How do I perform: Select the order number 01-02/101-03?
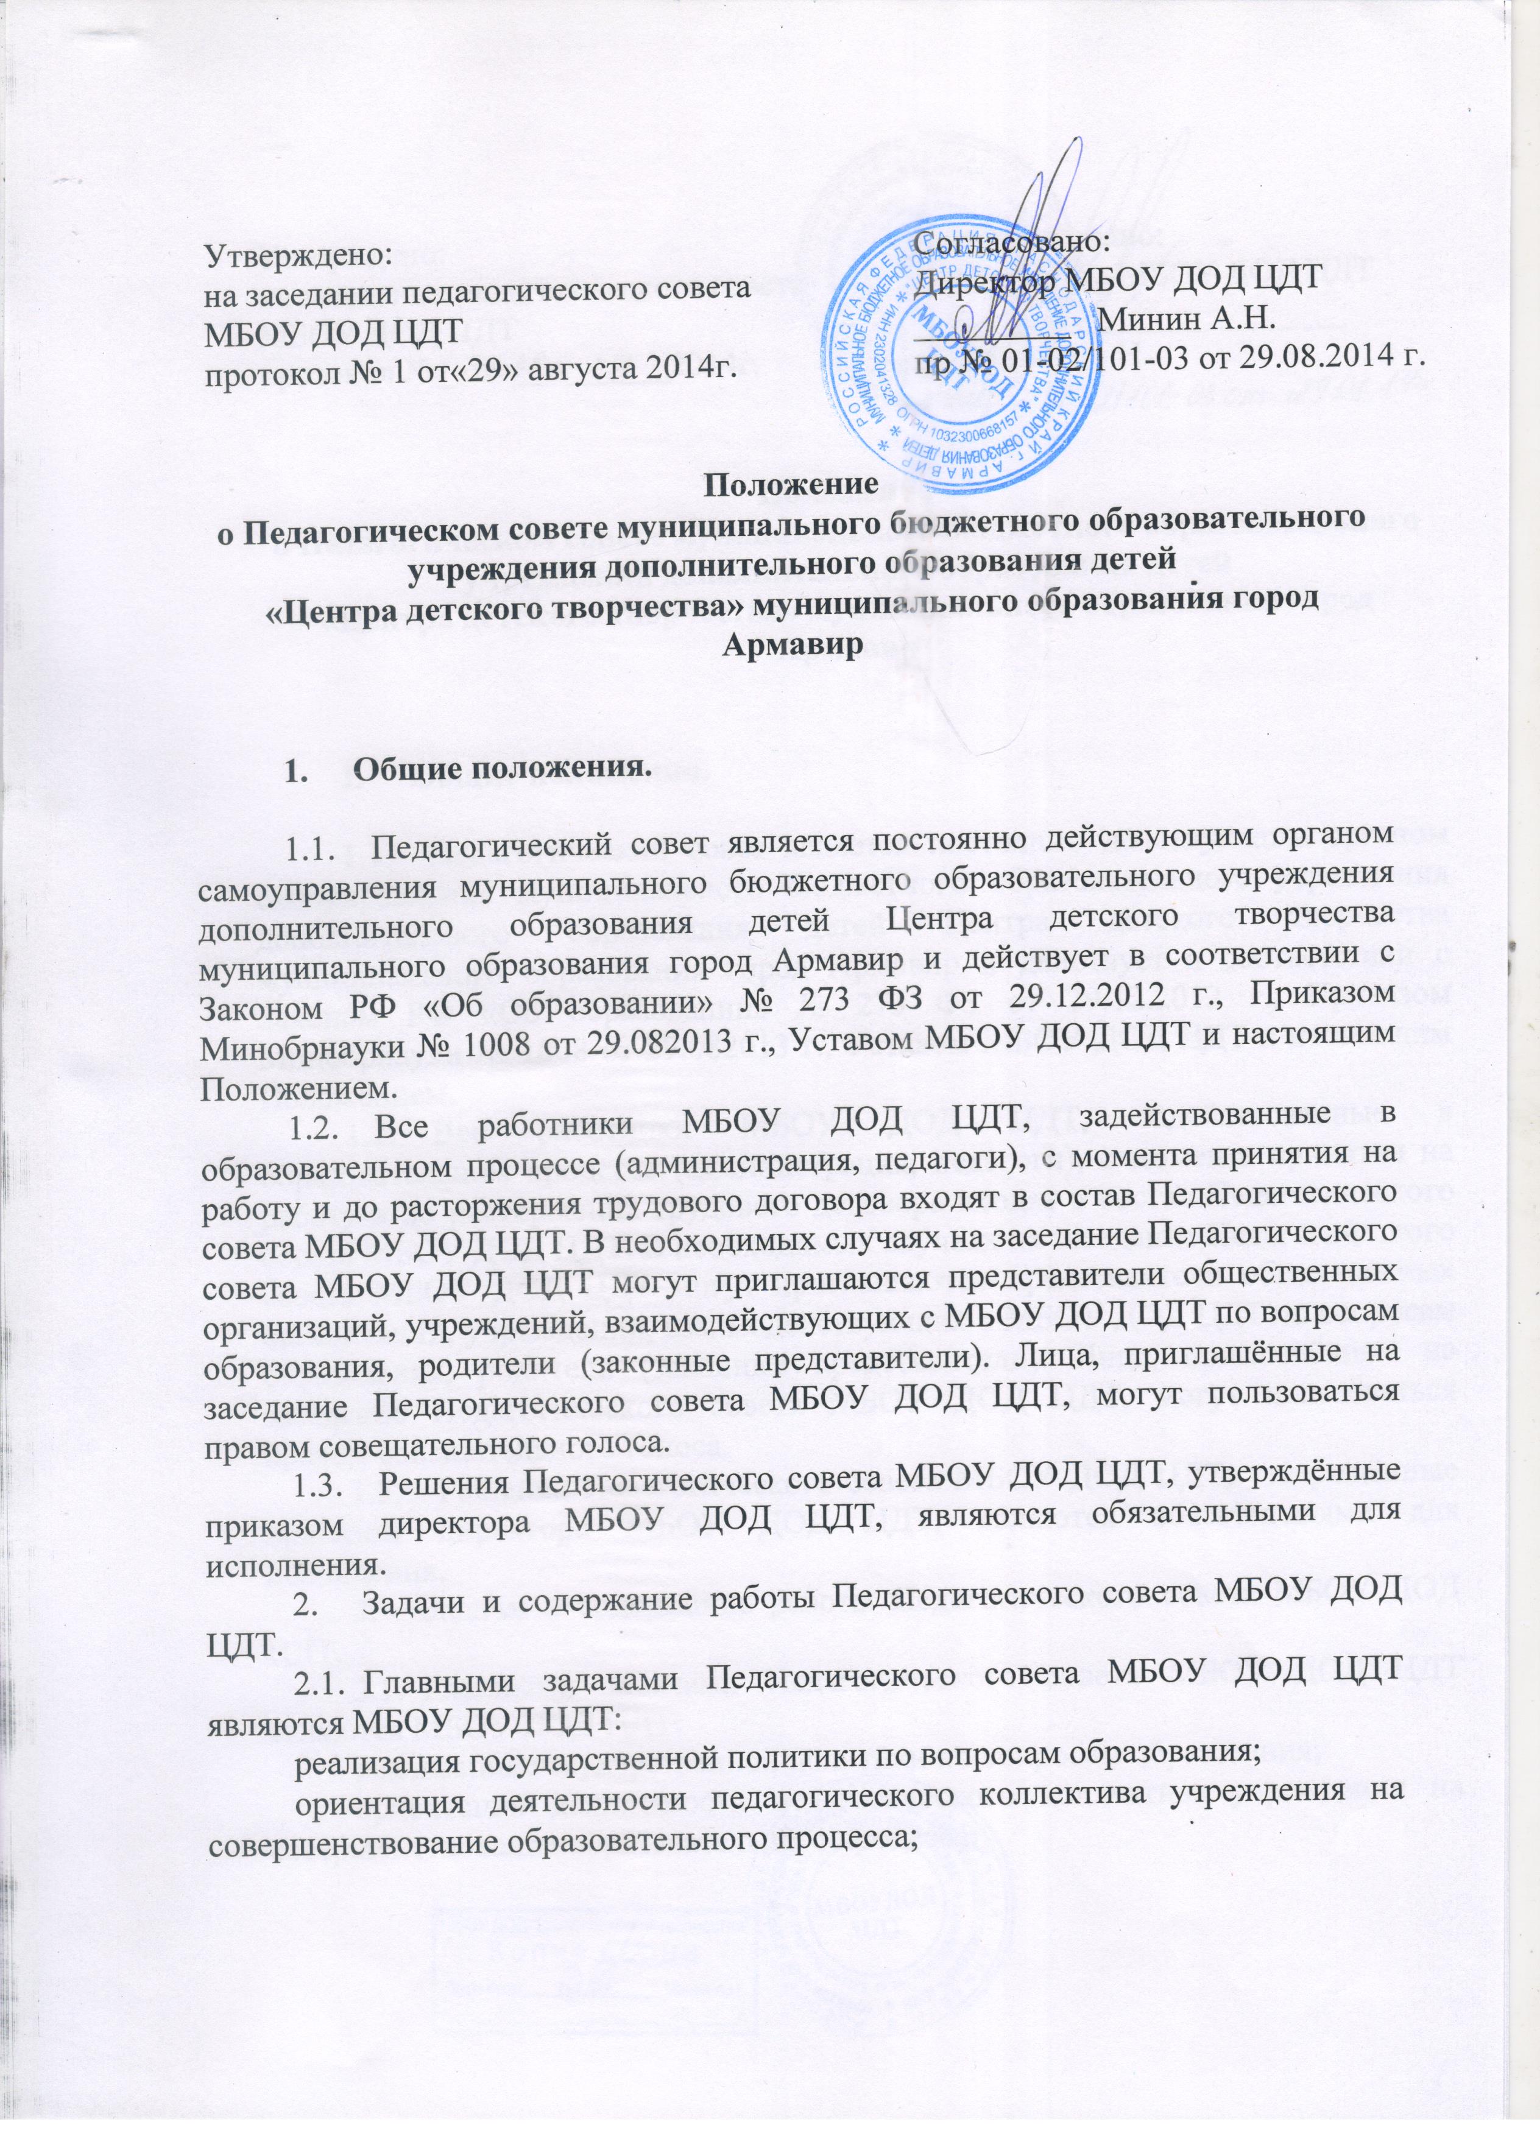1078,355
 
